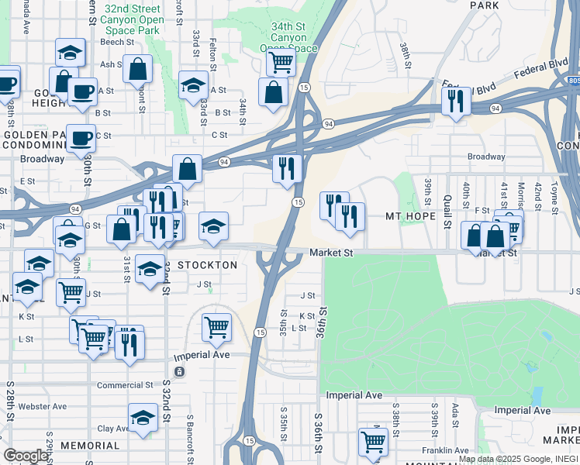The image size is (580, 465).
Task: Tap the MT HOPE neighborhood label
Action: [x=410, y=216]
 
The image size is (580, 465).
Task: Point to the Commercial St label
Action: [x=125, y=385]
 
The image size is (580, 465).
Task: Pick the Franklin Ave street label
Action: [x=445, y=450]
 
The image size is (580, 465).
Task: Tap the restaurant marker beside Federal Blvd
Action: [x=455, y=101]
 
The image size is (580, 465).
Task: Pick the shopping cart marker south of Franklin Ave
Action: [x=373, y=443]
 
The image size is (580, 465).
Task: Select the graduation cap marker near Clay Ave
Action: [x=143, y=418]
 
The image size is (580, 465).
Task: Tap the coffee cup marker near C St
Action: [x=81, y=139]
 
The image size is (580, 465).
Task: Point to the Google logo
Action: [x=26, y=456]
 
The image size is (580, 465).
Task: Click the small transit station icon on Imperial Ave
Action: [x=179, y=372]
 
